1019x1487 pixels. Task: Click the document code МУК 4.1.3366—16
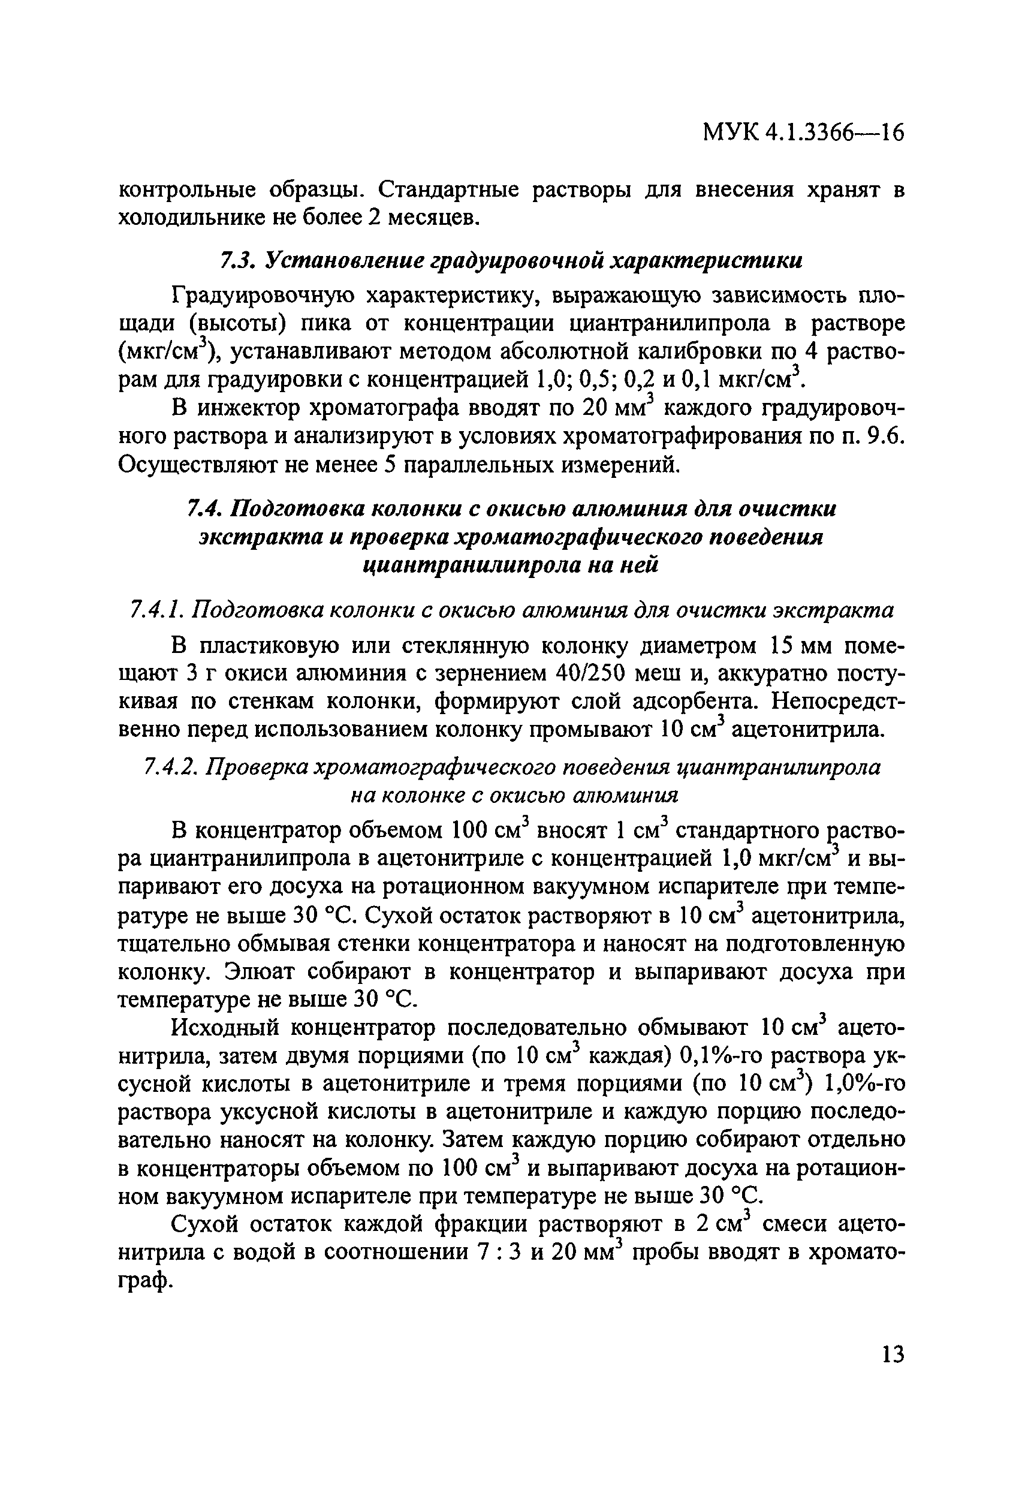point(803,133)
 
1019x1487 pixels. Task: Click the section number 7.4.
point(204,508)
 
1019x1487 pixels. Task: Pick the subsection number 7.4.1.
point(156,610)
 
